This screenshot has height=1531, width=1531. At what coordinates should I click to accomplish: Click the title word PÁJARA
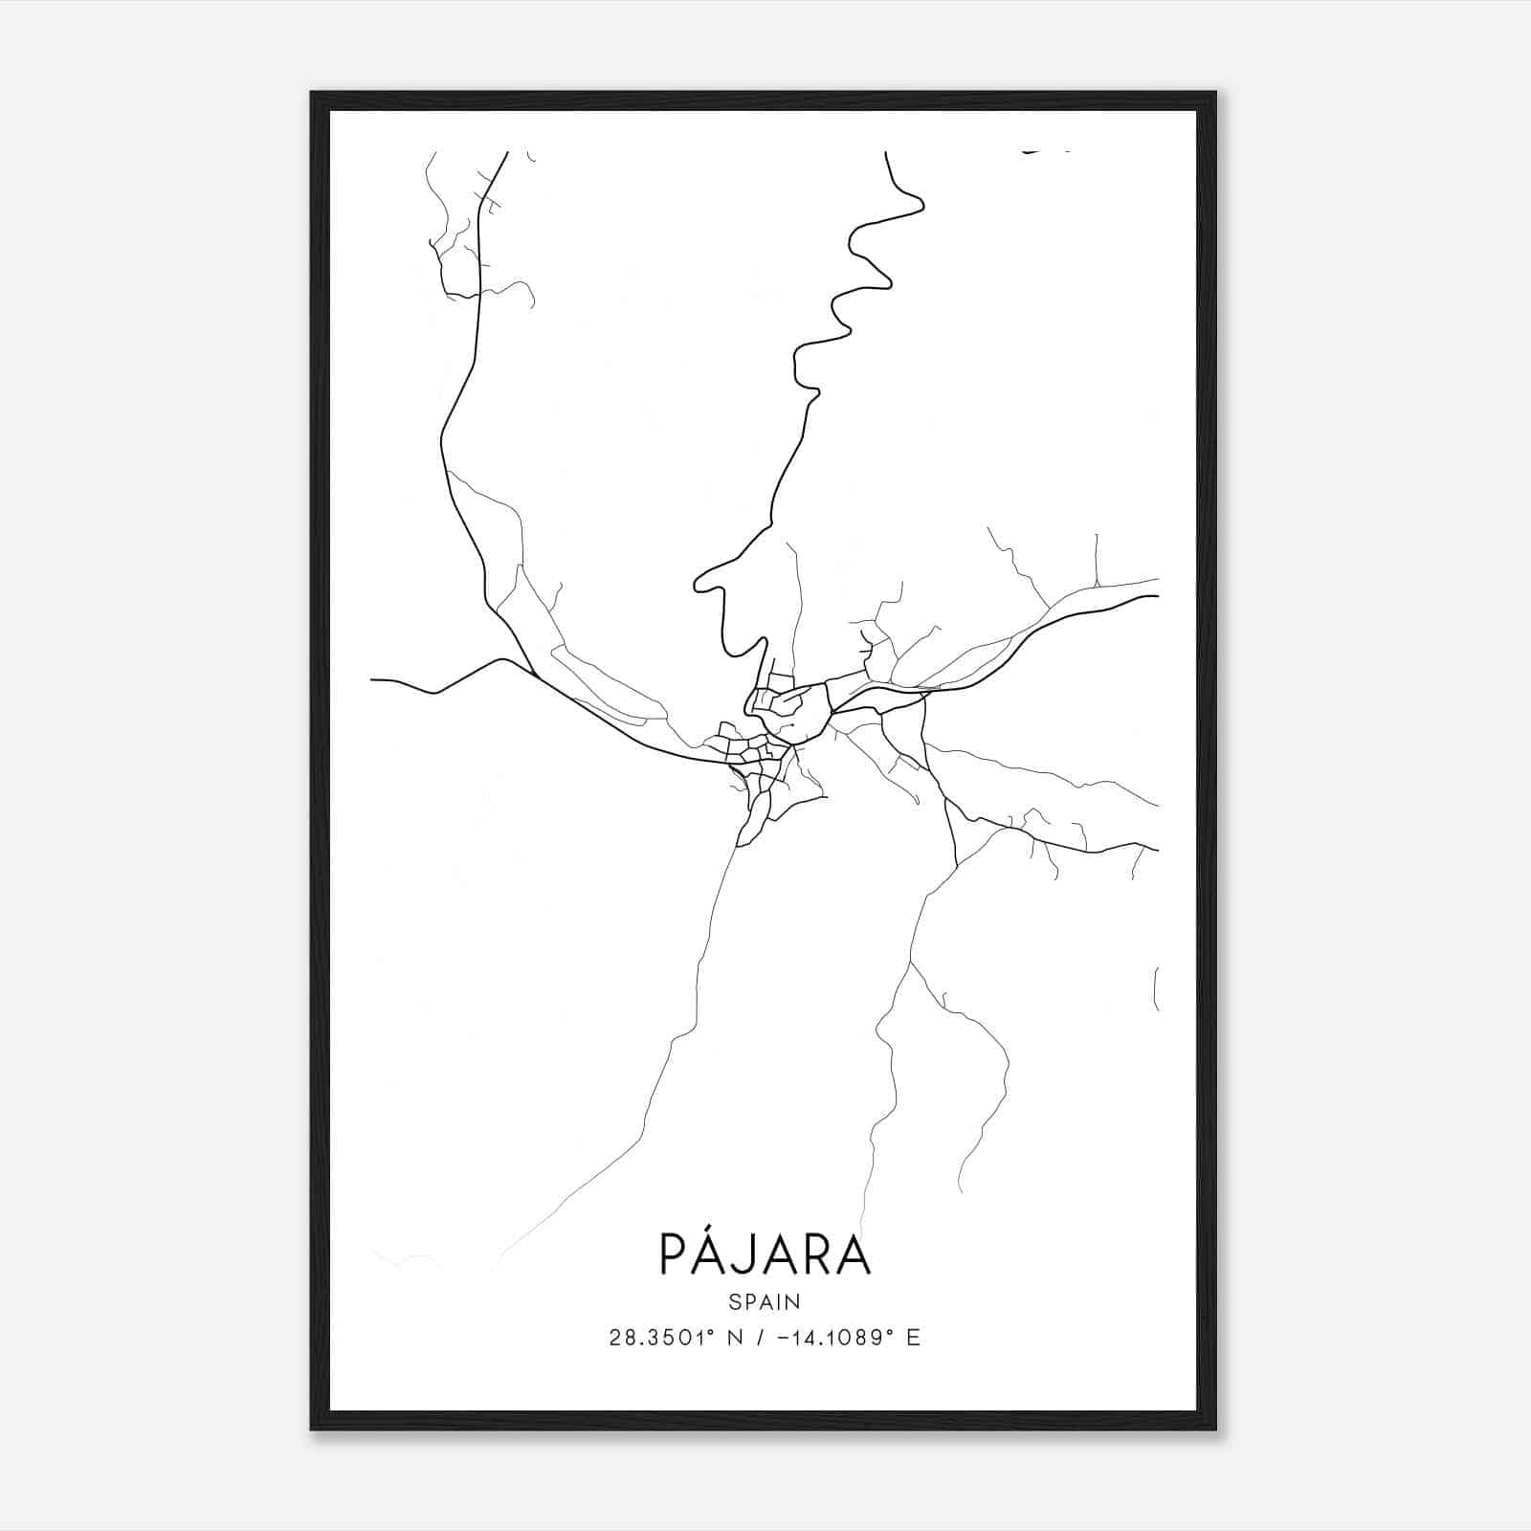(765, 1254)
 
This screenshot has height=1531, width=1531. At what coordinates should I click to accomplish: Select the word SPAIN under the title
(765, 1301)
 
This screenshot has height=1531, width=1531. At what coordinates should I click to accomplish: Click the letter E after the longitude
(913, 1338)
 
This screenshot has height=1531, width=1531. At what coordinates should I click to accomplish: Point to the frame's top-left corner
(312, 94)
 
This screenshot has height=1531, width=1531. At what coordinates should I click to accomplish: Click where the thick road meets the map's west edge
(372, 680)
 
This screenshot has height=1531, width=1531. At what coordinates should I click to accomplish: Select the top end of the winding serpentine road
(886, 153)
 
